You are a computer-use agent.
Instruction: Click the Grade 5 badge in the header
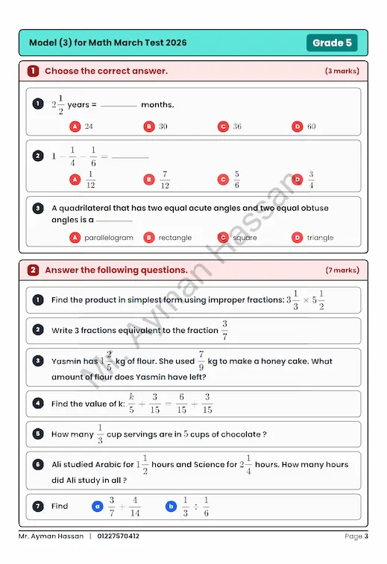[332, 42]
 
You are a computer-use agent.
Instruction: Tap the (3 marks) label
[342, 72]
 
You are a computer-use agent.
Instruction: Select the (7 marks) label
[342, 270]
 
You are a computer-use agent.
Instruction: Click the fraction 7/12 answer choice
[164, 180]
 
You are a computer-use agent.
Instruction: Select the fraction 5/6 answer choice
[236, 180]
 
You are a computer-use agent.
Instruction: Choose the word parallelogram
[108, 238]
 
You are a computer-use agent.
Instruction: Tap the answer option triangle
[320, 238]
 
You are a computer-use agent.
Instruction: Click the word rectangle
[175, 238]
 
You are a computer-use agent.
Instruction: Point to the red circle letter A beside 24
[75, 127]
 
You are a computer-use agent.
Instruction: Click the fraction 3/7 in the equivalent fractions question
[224, 330]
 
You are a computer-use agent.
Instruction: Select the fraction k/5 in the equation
[131, 403]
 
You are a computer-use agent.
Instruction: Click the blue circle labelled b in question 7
[172, 507]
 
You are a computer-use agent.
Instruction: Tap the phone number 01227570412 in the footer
[119, 536]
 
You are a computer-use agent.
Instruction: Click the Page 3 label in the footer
[356, 536]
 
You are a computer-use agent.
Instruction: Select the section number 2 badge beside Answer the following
[33, 270]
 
